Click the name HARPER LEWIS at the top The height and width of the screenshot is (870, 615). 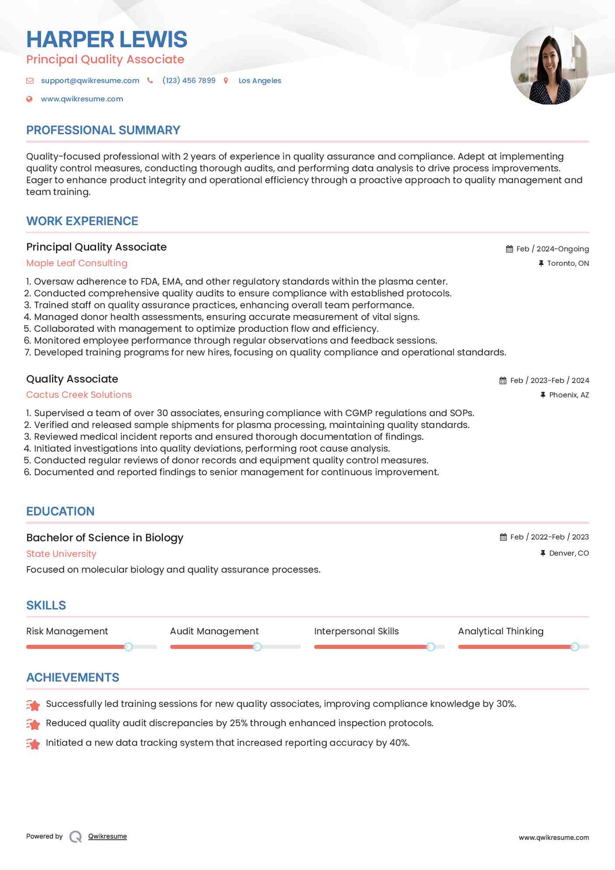coord(107,39)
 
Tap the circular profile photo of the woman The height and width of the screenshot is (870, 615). coord(549,66)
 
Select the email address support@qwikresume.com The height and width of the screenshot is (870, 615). coord(90,80)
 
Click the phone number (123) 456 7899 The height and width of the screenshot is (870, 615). coord(189,80)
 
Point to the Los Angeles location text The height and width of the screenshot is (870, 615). coord(260,80)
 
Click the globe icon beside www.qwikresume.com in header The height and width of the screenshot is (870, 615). coord(29,99)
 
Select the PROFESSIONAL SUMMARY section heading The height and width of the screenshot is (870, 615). coord(103,130)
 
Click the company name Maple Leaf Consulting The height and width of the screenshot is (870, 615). coord(77,263)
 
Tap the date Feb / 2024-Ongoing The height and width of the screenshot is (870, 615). coord(552,249)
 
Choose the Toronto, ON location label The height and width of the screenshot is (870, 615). coord(568,263)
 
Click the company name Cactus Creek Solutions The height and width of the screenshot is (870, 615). coord(79,395)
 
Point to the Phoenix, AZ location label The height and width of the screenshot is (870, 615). coord(569,395)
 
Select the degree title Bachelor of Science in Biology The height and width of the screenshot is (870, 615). coord(105,538)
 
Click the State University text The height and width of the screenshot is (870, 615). coord(61,554)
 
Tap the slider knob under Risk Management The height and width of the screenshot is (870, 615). coord(128,647)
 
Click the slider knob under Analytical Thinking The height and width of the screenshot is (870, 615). coord(575,647)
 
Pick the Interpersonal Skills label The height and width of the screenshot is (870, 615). coord(356,631)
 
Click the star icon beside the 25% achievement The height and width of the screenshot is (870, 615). coord(33,724)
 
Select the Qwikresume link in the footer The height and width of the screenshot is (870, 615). coord(108,836)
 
